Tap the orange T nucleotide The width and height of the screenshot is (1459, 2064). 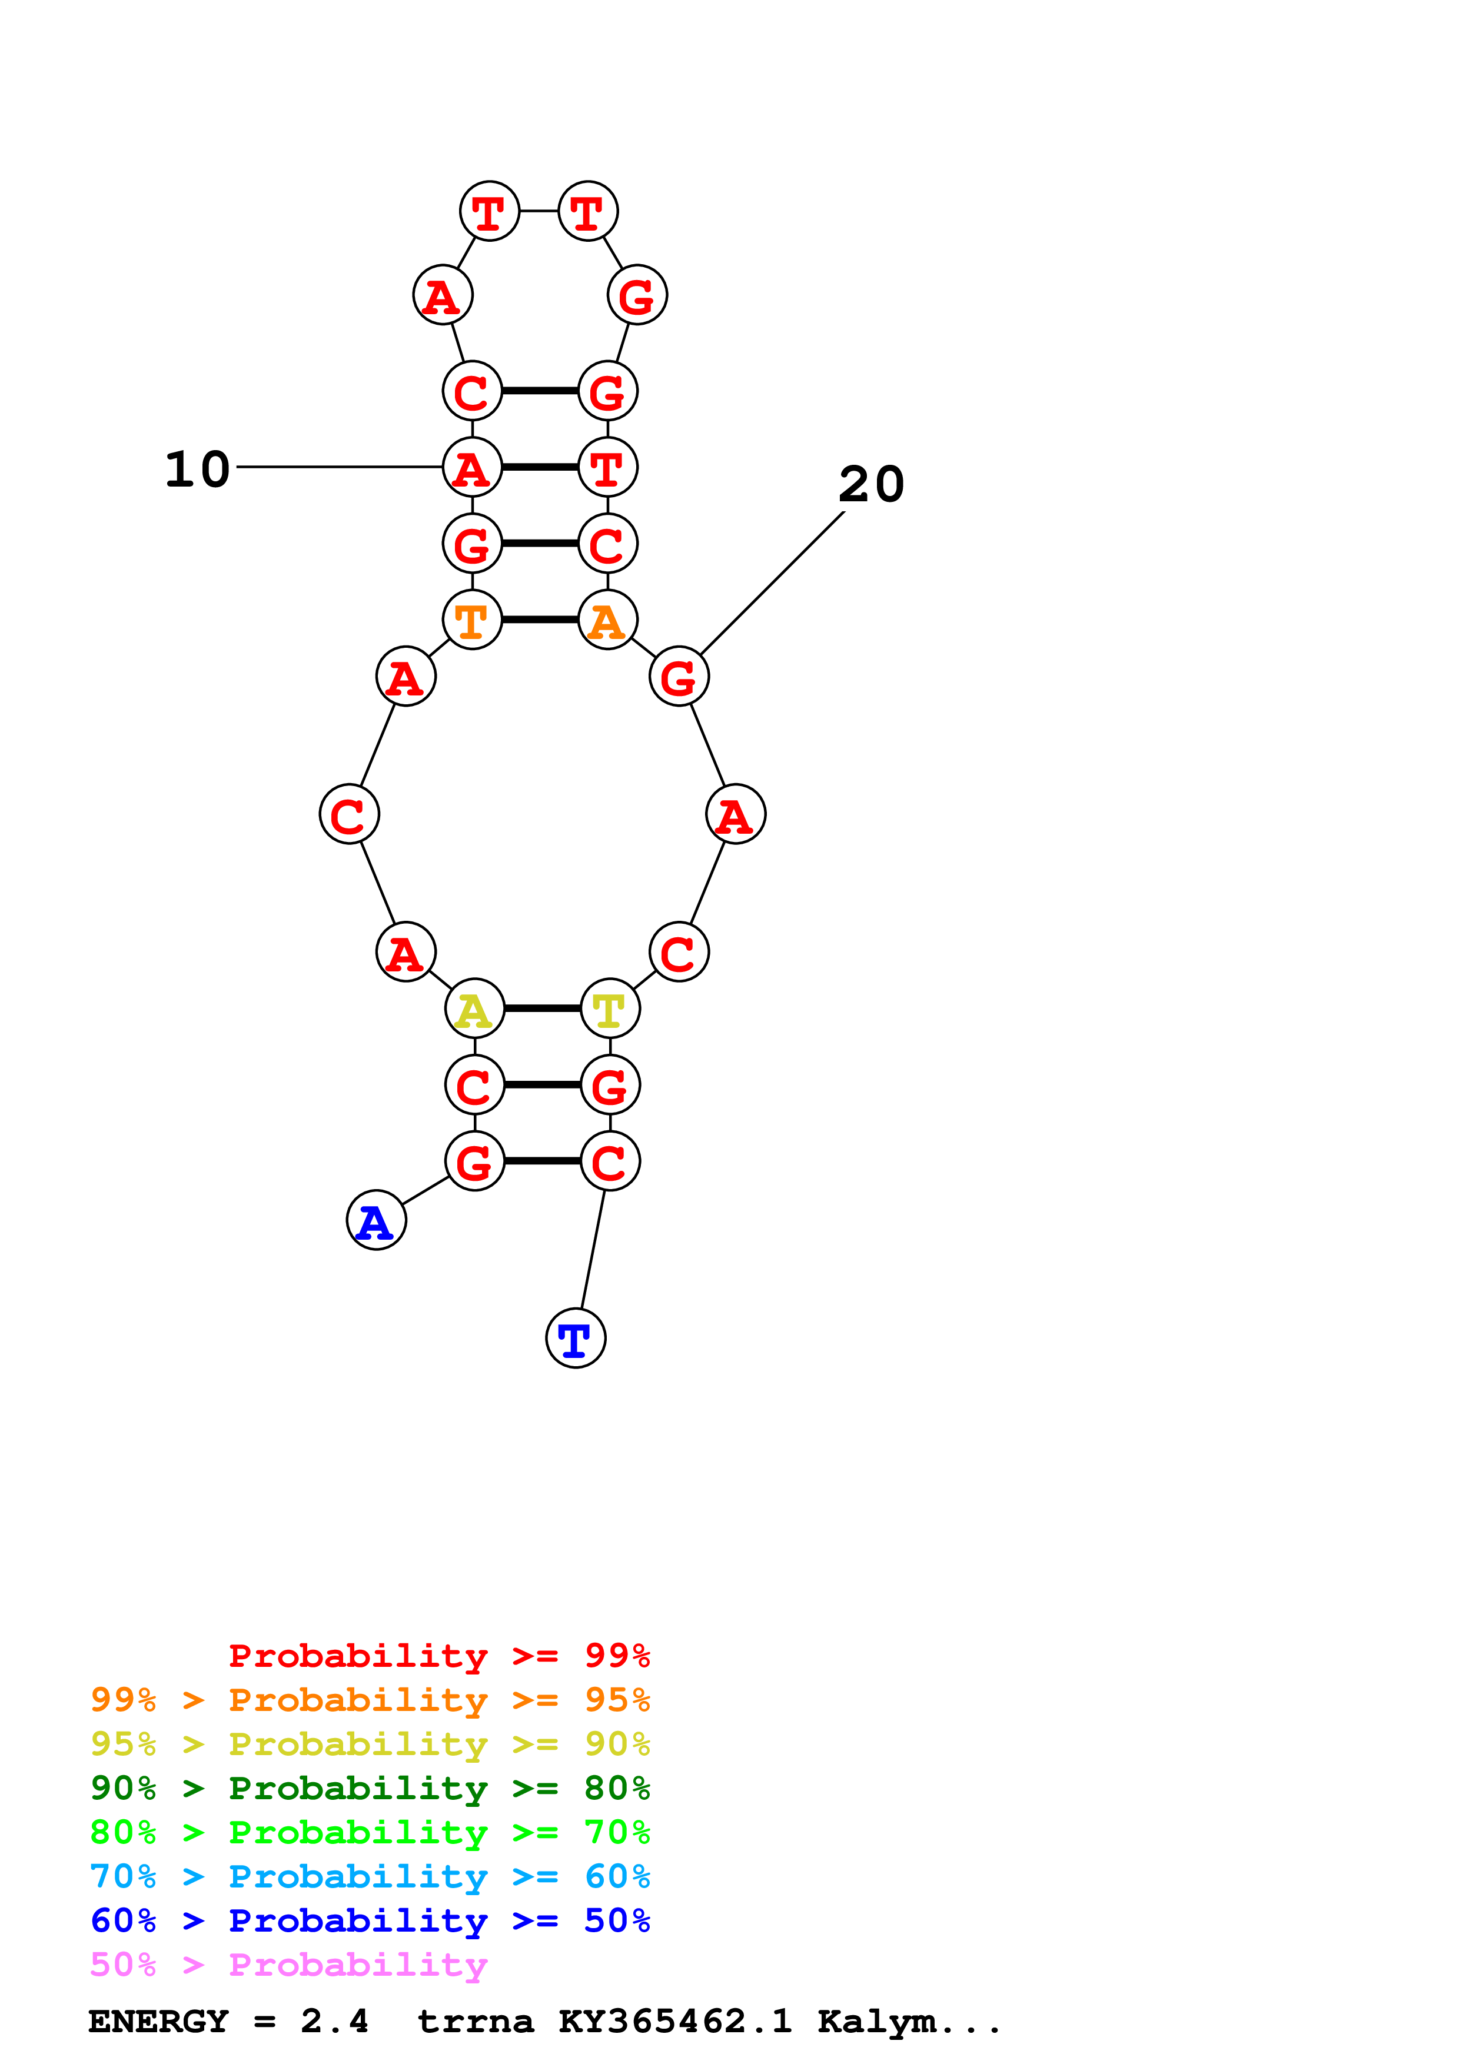[472, 620]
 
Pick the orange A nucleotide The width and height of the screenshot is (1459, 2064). [608, 620]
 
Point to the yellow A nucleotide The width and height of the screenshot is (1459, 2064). [474, 1008]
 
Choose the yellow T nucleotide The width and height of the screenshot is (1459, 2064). [610, 1008]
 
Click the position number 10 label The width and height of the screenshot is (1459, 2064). [198, 470]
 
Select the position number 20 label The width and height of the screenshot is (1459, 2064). [871, 485]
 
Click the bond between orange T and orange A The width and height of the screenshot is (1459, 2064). [539, 620]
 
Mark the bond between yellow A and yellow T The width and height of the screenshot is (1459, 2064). [542, 1008]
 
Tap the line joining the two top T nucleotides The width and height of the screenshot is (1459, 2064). [539, 211]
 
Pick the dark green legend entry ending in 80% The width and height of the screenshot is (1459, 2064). [370, 1788]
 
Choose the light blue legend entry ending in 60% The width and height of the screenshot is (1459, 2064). [370, 1876]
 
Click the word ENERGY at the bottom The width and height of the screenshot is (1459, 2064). [158, 2022]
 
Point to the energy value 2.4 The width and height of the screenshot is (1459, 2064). [334, 2022]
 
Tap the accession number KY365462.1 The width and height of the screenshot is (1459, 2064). [675, 2022]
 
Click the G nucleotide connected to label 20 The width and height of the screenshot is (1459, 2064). [679, 676]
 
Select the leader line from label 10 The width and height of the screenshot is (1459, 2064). [340, 467]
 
